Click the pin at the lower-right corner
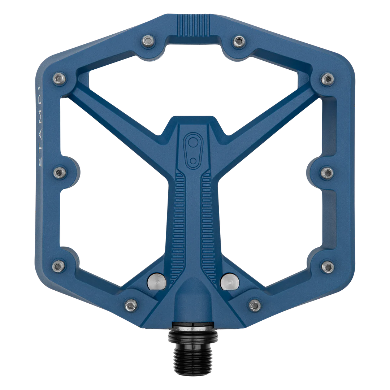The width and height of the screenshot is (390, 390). pos(328,266)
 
